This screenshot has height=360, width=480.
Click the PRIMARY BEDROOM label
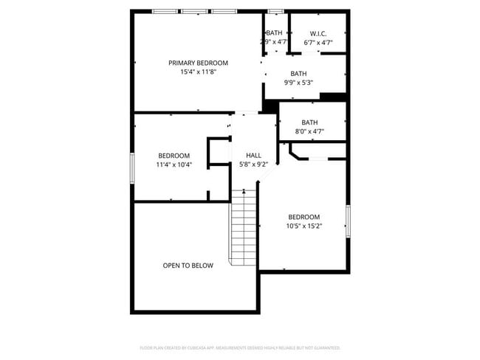(x=198, y=63)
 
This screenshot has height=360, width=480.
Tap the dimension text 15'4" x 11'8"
(x=198, y=72)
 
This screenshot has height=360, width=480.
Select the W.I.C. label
(x=318, y=33)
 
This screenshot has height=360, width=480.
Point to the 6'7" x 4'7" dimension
(x=318, y=42)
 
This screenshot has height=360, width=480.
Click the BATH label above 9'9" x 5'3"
(x=298, y=74)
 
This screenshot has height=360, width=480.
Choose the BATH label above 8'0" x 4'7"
(x=309, y=122)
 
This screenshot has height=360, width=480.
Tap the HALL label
(x=243, y=156)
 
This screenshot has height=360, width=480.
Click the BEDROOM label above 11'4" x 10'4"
(x=174, y=156)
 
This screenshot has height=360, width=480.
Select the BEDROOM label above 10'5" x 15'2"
(x=304, y=217)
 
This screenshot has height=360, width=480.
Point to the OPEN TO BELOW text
(x=188, y=265)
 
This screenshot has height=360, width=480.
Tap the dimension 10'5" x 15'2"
(x=304, y=226)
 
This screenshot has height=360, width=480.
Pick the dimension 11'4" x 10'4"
(x=174, y=165)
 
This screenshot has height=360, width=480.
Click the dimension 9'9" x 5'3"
(x=298, y=83)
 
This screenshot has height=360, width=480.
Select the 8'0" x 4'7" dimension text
(x=309, y=131)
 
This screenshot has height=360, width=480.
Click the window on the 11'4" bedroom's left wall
(x=132, y=167)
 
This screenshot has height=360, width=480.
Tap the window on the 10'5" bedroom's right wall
(x=348, y=222)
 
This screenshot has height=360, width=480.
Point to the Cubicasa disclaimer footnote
(x=240, y=347)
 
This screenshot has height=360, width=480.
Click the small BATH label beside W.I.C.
(x=275, y=33)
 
